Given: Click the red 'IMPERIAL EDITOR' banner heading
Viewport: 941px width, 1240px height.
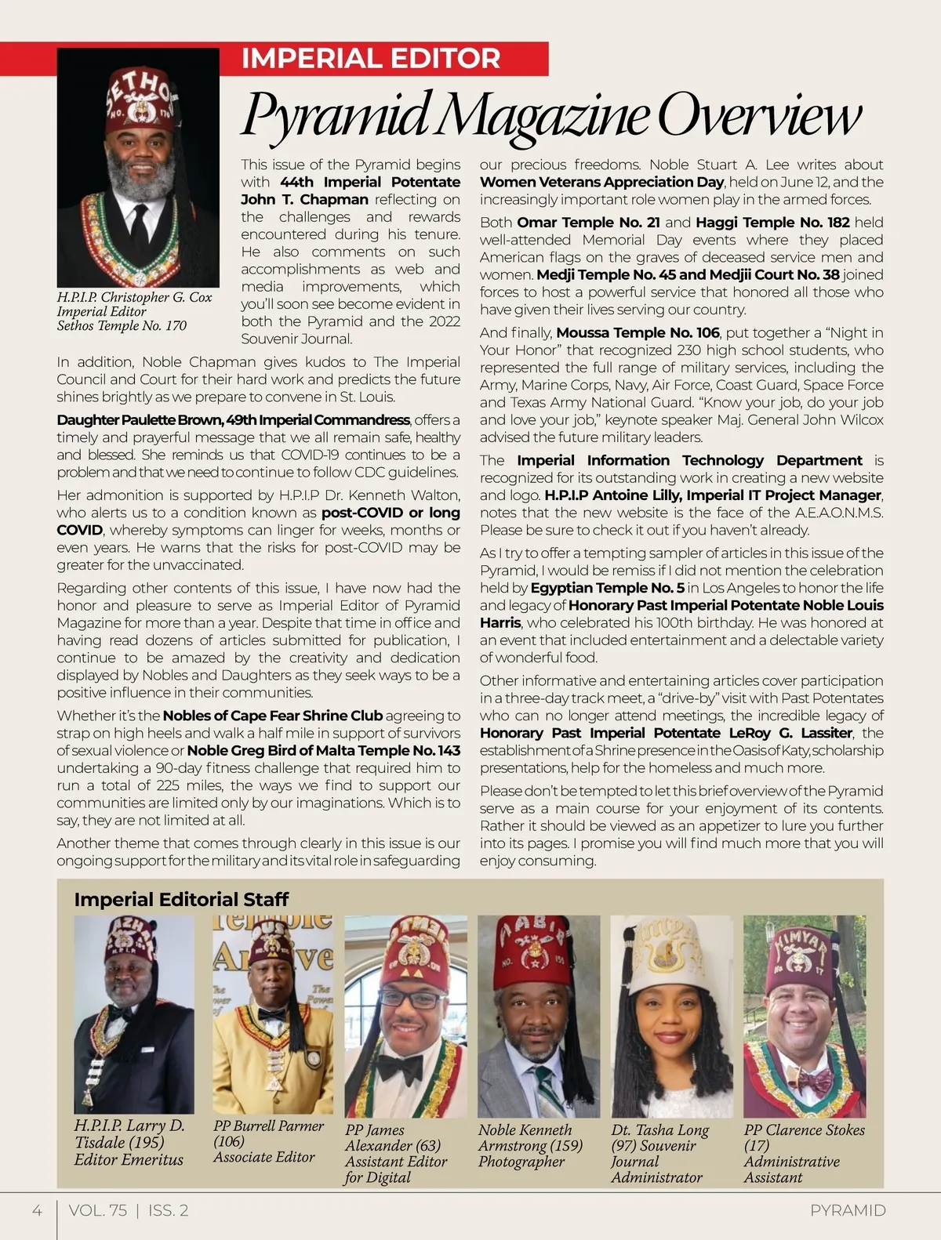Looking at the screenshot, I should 370,59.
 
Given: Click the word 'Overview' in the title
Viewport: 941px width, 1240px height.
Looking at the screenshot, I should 759,116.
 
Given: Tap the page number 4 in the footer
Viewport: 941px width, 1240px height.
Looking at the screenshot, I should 37,1210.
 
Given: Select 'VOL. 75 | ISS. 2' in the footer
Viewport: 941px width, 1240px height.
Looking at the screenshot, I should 129,1210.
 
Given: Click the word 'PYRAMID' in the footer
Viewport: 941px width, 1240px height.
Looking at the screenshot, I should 848,1210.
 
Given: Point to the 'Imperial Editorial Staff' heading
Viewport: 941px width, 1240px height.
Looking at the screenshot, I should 181,899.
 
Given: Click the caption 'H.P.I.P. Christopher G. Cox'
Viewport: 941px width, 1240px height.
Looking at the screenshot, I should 134,298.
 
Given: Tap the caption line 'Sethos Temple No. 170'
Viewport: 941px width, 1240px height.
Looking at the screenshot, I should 122,325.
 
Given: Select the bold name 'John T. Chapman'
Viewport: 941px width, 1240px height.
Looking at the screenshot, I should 304,200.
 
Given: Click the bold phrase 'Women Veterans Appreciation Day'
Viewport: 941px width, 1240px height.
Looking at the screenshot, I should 601,183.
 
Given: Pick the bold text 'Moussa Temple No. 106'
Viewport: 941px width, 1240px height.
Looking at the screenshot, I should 638,333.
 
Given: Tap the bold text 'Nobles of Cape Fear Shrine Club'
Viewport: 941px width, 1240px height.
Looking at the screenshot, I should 272,716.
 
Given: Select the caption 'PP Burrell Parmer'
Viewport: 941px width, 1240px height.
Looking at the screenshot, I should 268,1126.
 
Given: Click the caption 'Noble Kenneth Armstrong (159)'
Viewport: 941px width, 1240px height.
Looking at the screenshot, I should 530,1137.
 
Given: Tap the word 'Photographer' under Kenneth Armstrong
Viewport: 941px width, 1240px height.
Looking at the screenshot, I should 521,1162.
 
